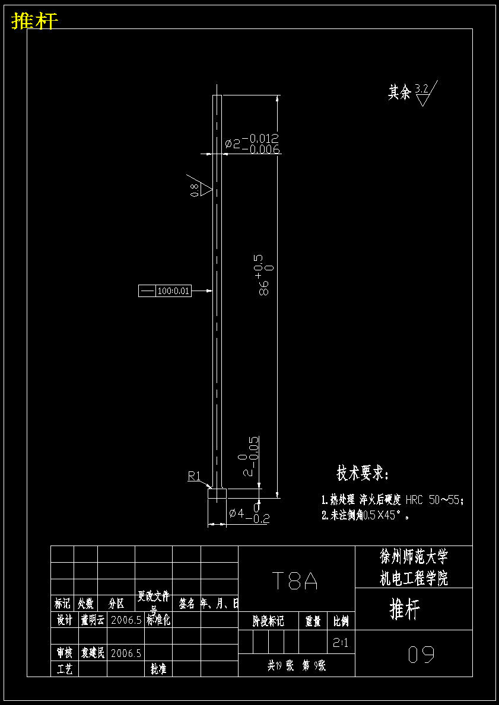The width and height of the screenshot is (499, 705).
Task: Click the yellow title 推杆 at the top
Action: (x=34, y=21)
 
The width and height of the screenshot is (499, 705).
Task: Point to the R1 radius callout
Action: (x=195, y=476)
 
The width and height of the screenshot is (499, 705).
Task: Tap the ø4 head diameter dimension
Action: (x=236, y=513)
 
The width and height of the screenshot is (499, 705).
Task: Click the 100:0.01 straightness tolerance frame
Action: (x=165, y=291)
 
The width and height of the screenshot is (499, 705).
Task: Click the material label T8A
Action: (x=295, y=581)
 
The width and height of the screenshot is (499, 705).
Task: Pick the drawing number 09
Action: (x=421, y=655)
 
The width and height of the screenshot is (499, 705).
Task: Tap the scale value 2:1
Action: (x=341, y=642)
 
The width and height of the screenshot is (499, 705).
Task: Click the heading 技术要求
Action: (x=363, y=474)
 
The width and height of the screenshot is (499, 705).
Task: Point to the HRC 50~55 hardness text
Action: (x=433, y=500)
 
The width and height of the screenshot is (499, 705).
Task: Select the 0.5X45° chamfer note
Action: (x=386, y=515)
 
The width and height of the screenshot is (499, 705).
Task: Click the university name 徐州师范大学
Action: (x=414, y=556)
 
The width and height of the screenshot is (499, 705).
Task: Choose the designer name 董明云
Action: (x=93, y=620)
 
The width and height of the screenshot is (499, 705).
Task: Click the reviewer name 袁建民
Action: (x=93, y=653)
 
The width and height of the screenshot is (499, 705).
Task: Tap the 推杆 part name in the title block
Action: (x=405, y=609)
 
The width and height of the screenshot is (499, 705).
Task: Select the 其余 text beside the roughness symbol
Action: (x=399, y=92)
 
